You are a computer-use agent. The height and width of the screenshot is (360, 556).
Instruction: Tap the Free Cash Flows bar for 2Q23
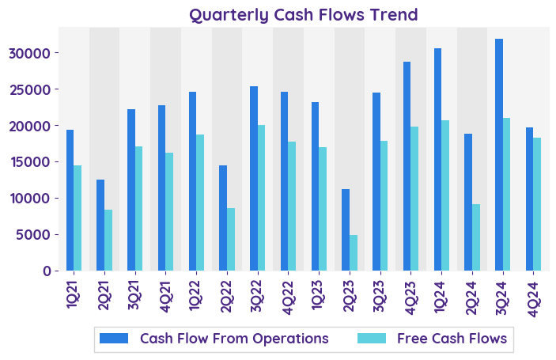pos(354,252)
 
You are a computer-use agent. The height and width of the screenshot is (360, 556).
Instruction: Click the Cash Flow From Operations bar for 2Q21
pos(100,225)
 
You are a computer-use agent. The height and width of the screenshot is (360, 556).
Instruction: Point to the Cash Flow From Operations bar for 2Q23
pos(346,229)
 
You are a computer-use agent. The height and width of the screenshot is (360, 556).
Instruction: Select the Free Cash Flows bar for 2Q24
pos(476,237)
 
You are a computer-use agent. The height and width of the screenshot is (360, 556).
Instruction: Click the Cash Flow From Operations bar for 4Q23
pos(407,166)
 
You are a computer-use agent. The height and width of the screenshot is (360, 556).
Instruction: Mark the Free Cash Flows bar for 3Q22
pos(261,198)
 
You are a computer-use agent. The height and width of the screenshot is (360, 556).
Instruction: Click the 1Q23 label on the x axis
pos(317,294)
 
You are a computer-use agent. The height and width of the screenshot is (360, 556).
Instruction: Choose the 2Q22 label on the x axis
pos(225,294)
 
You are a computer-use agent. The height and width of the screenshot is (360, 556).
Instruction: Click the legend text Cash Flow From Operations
pos(234,339)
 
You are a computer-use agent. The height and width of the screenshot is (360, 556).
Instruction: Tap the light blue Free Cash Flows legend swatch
pos(372,339)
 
